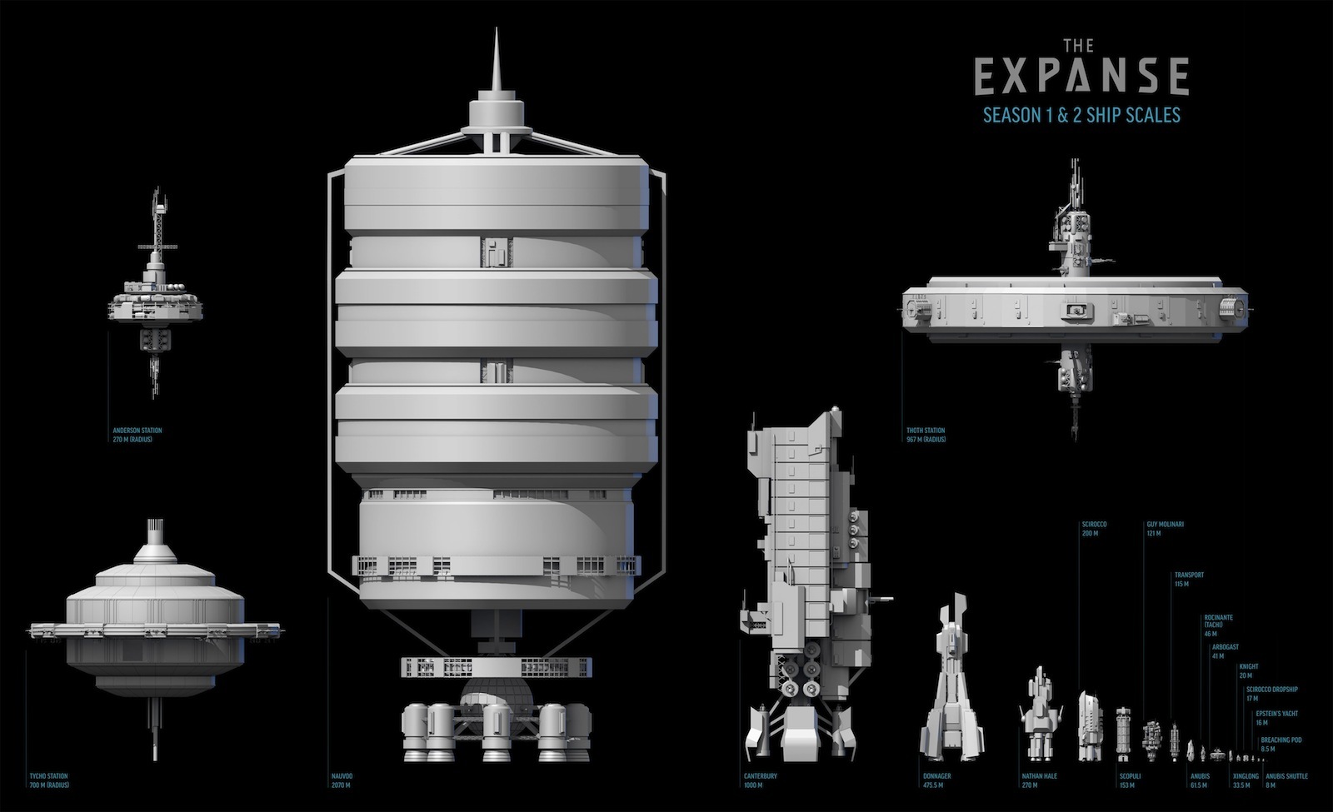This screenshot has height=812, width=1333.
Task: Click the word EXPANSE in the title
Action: (1081, 76)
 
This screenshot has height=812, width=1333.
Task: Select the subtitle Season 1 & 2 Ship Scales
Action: (1081, 115)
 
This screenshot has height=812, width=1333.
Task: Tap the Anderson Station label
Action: (137, 435)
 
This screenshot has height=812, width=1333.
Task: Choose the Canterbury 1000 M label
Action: (760, 780)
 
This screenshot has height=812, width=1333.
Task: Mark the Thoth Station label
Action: (926, 435)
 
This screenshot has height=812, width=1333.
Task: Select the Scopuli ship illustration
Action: (1124, 734)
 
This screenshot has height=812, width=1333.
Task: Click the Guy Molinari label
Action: (1165, 529)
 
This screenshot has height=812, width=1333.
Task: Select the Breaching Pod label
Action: (1281, 744)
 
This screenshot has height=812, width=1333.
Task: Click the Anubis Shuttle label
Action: (1286, 780)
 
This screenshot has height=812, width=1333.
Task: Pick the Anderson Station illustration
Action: (156, 300)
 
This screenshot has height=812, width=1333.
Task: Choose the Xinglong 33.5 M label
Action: (1246, 780)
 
